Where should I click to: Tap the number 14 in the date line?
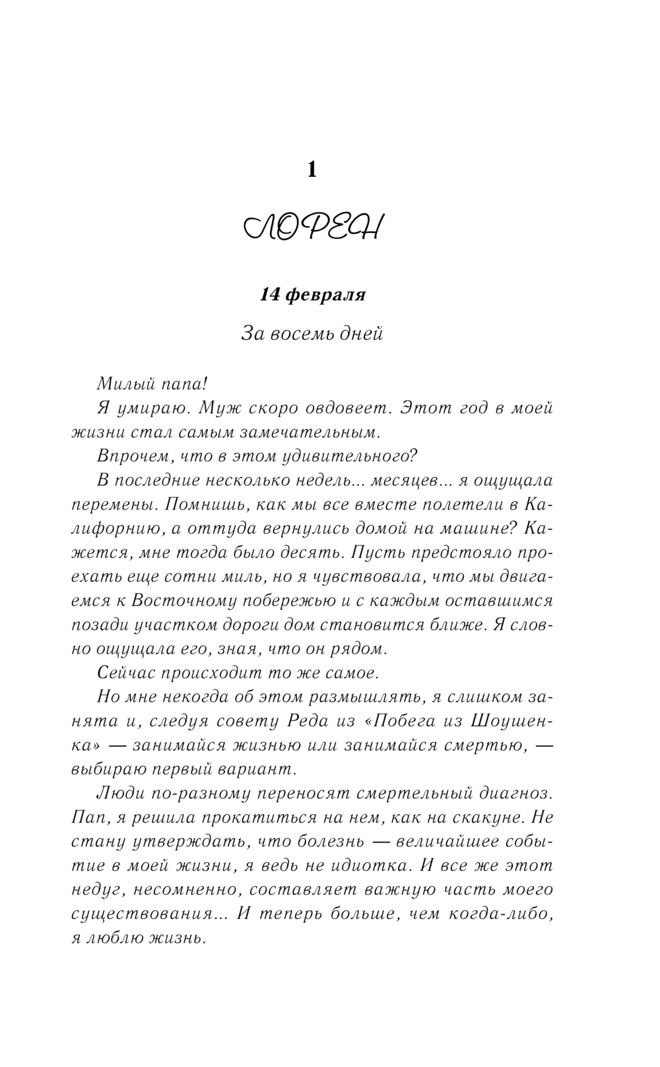pyautogui.click(x=272, y=295)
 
